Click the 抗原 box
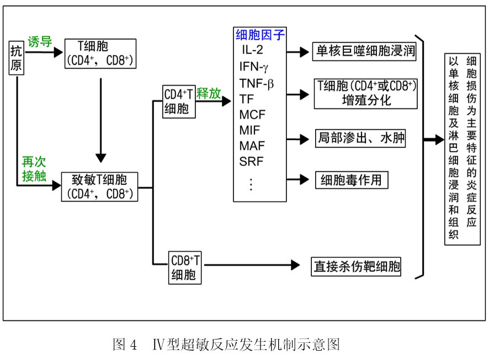[x=16, y=57]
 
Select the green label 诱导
[x=39, y=42]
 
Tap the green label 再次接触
[x=34, y=168]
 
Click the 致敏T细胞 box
[x=99, y=187]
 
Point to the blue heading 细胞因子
[x=260, y=35]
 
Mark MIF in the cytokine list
[x=249, y=130]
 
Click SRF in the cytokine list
[x=251, y=162]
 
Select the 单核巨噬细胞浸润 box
[x=364, y=52]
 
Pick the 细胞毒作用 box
[x=351, y=180]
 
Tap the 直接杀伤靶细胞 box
[x=356, y=267]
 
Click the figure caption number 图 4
[x=125, y=345]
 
